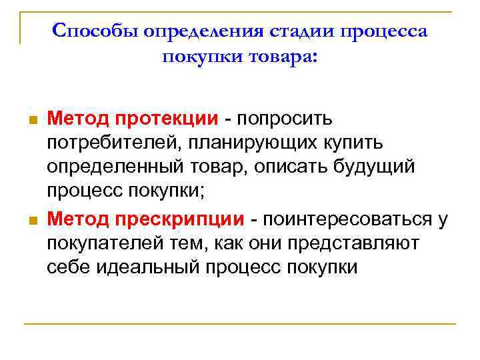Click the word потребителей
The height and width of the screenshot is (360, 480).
coord(113,143)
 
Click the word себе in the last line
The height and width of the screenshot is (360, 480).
coord(66,267)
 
